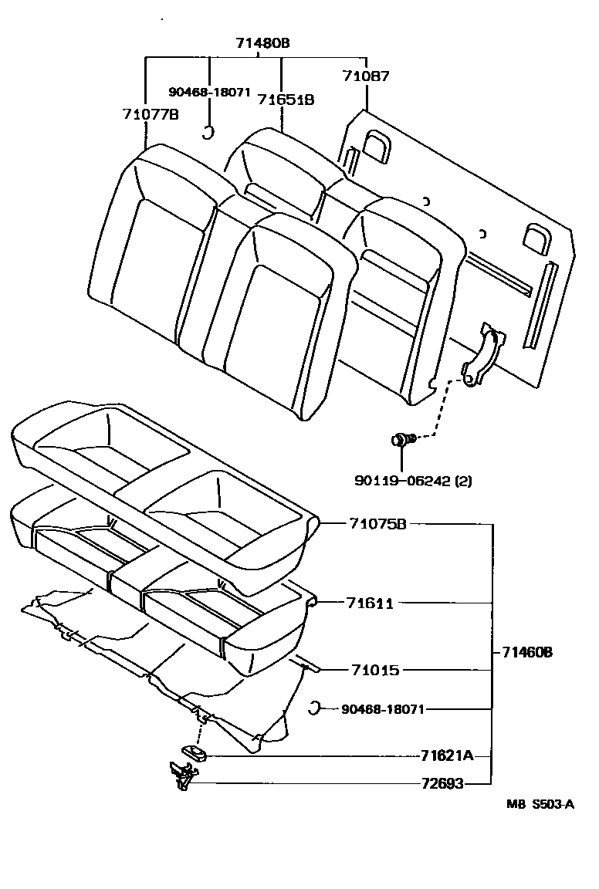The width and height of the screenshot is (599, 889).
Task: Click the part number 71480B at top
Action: click(263, 43)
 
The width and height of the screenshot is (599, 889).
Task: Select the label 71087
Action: click(366, 76)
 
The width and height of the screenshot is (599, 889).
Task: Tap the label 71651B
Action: click(286, 100)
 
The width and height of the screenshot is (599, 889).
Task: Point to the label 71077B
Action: click(151, 114)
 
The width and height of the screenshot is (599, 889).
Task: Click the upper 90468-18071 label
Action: click(211, 91)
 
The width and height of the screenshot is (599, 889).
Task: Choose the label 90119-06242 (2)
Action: click(414, 480)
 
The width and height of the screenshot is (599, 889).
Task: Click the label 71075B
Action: click(377, 524)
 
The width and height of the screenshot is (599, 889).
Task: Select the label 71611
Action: click(371, 603)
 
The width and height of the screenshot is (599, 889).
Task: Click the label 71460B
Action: click(528, 652)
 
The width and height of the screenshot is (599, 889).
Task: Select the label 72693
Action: click(442, 784)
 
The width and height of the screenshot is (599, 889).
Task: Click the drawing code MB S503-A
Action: click(540, 804)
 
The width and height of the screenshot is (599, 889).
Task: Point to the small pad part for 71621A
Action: click(193, 754)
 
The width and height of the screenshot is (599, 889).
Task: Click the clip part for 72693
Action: click(181, 774)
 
